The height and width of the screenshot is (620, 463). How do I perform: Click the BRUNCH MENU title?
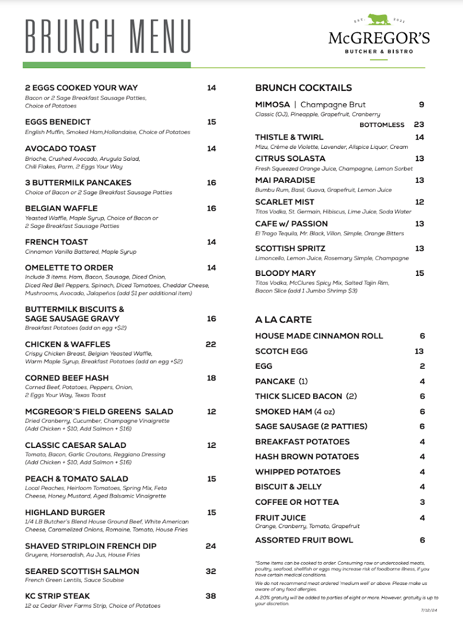(x=108, y=37)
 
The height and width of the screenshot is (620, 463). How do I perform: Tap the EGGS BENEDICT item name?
(x=58, y=122)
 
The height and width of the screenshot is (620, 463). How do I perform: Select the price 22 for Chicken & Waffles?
(x=211, y=344)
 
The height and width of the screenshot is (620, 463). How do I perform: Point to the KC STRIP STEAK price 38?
(x=211, y=596)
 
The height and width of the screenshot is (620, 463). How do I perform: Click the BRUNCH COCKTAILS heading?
(x=303, y=88)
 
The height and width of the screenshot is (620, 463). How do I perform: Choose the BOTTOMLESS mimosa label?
(x=382, y=125)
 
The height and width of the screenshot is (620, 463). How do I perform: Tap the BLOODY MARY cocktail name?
(x=285, y=273)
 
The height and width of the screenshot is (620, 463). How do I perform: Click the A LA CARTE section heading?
(x=283, y=320)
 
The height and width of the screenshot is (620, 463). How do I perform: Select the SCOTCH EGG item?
(x=281, y=351)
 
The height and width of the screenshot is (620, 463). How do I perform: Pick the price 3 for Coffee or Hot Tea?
(x=422, y=502)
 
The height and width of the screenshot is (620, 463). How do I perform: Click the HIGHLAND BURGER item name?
(x=65, y=513)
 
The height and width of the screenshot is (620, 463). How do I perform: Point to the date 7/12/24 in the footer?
(x=415, y=610)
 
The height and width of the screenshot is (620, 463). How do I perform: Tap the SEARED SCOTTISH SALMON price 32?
(x=211, y=571)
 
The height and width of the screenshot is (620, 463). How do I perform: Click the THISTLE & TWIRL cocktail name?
(x=289, y=137)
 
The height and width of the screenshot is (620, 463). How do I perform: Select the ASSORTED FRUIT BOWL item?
(x=304, y=540)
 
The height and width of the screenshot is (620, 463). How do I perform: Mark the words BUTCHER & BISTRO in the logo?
(x=379, y=51)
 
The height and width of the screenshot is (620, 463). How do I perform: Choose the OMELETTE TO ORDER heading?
(x=69, y=268)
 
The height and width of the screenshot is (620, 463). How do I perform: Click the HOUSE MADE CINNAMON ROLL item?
(x=319, y=336)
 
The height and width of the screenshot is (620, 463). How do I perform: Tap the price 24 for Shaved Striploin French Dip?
(x=211, y=546)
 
